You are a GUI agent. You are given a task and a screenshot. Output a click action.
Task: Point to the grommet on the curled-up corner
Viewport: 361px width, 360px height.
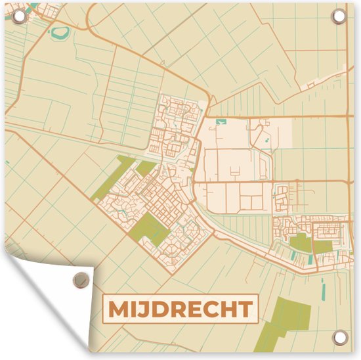[81, 279]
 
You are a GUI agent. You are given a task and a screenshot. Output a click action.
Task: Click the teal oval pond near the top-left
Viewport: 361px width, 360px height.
[61, 31]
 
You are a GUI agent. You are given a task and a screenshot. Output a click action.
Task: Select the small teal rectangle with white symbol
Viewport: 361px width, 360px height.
[221, 122]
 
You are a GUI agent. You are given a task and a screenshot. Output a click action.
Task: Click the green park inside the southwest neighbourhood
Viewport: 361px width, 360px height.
[152, 227]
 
